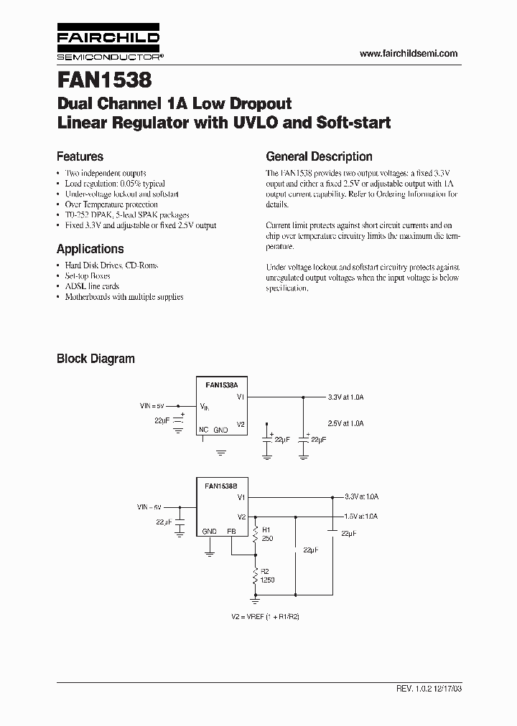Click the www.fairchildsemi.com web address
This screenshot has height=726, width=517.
[408, 54]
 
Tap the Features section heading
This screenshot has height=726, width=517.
[80, 156]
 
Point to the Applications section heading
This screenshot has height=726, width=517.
[90, 249]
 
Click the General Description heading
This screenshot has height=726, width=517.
[319, 156]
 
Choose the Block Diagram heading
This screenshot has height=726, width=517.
[96, 359]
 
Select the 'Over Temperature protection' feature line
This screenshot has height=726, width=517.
[111, 204]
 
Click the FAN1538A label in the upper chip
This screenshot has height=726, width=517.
[221, 385]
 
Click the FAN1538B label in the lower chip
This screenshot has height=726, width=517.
[221, 486]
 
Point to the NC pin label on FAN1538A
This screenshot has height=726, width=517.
[205, 430]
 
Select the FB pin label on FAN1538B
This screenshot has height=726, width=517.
[231, 532]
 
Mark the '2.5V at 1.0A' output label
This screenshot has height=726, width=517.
[346, 424]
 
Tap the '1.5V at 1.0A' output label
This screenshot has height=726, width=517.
[361, 516]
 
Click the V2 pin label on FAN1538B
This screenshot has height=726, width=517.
[242, 516]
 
